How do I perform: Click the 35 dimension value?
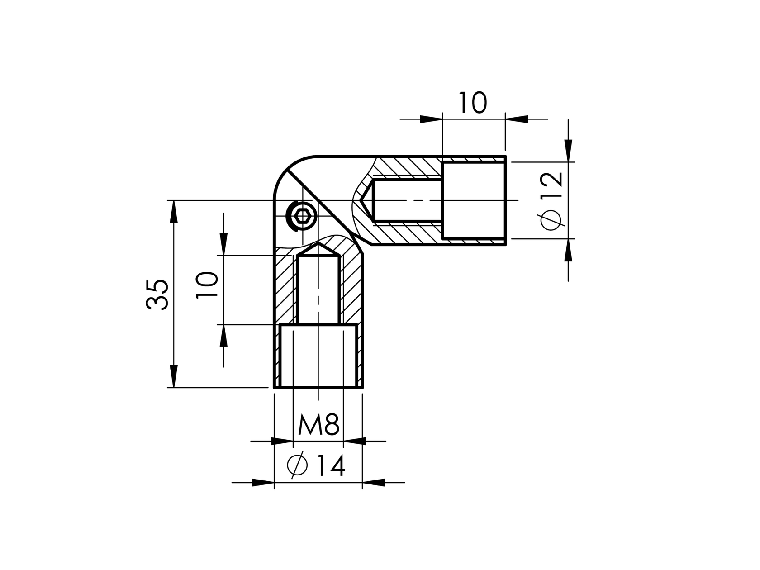pos(158,294)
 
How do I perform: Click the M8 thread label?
pos(318,425)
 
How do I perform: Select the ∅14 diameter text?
pos(317,465)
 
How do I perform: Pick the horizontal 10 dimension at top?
pos(473,103)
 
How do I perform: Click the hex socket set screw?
pos(302,217)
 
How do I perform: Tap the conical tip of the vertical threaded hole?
pos(318,249)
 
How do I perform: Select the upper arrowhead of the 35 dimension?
pos(173,211)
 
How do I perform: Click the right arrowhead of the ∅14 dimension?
pos(374,483)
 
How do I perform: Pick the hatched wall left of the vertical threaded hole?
pos(286,290)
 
